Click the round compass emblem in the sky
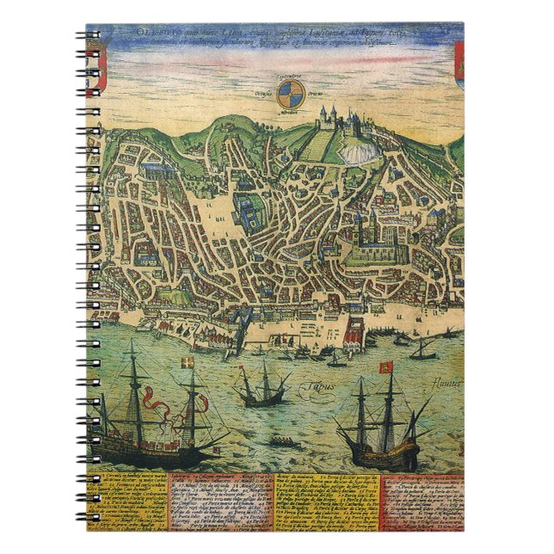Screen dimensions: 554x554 tap(290, 95)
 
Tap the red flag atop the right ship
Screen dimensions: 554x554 tap(385, 368)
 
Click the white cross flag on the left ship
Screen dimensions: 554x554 tap(188, 365)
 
